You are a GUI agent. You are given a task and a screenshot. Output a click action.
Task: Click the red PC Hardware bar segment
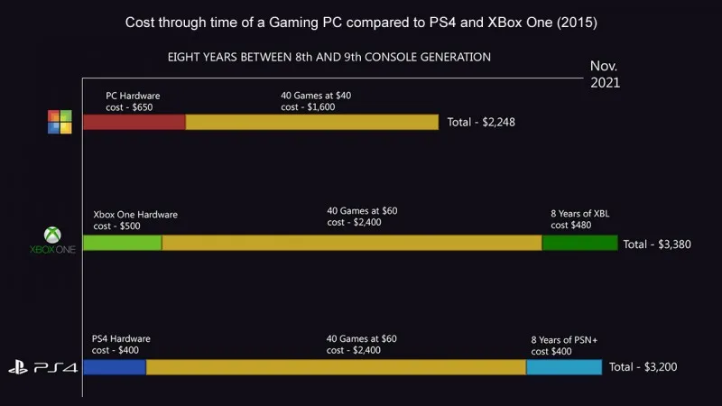pos(134,122)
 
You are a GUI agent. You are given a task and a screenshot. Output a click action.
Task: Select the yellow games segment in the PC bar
pos(311,122)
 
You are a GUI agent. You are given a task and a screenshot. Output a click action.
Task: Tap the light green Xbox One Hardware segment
pos(122,243)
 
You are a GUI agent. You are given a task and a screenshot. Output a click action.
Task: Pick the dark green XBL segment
pos(579,243)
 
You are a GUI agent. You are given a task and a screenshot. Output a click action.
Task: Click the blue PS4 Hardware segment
pos(114,367)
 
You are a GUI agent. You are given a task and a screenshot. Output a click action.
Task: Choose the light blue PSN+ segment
pos(563,367)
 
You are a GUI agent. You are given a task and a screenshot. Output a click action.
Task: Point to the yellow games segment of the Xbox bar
pos(351,243)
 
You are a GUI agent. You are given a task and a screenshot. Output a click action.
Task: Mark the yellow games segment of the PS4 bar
pos(336,367)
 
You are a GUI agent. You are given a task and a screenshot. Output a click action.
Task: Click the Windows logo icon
pos(60,123)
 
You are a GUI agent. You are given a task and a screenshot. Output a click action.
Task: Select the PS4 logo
pos(42,368)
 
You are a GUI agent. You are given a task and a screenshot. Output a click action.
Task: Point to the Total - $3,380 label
pos(657,244)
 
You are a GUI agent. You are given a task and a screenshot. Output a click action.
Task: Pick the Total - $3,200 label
pos(643,367)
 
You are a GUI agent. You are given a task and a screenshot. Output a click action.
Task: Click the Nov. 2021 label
pos(605,74)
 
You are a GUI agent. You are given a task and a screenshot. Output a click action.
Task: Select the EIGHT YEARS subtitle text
pos(329,57)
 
